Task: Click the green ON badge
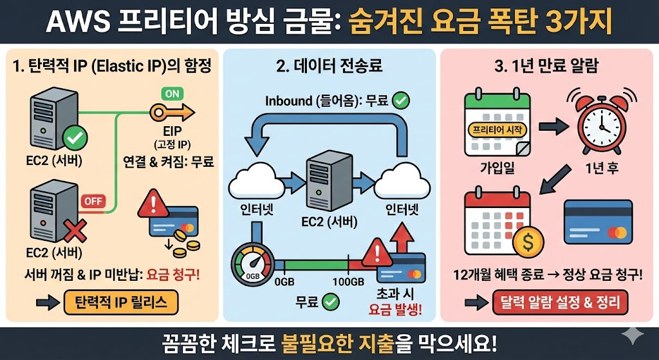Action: coord(172,93)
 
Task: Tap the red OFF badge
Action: coord(93,200)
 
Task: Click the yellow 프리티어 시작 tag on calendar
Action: coord(499,129)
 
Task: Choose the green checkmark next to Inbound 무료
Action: coord(400,100)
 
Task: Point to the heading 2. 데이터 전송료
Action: coord(328,66)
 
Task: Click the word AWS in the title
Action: coord(76,22)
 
